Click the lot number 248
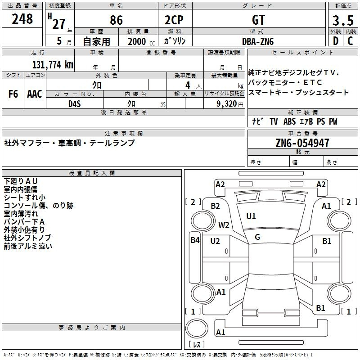[x=22, y=19]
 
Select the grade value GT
[x=258, y=20]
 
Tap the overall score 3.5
[x=343, y=20]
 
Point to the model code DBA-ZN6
[x=258, y=41]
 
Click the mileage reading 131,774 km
[x=53, y=64]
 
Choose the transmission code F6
[x=13, y=94]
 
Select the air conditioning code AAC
[x=35, y=94]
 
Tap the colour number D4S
[x=75, y=104]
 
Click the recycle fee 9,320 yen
[x=230, y=104]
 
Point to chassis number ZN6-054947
[x=302, y=143]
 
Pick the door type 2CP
[x=174, y=20]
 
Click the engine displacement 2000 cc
[x=141, y=41]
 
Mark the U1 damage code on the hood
[x=251, y=216]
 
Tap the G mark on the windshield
[x=257, y=237]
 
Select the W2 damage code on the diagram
[x=224, y=225]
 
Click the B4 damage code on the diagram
[x=195, y=240]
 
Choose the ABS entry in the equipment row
[x=289, y=121]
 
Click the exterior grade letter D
[x=336, y=41]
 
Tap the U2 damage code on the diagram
[x=215, y=241]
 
